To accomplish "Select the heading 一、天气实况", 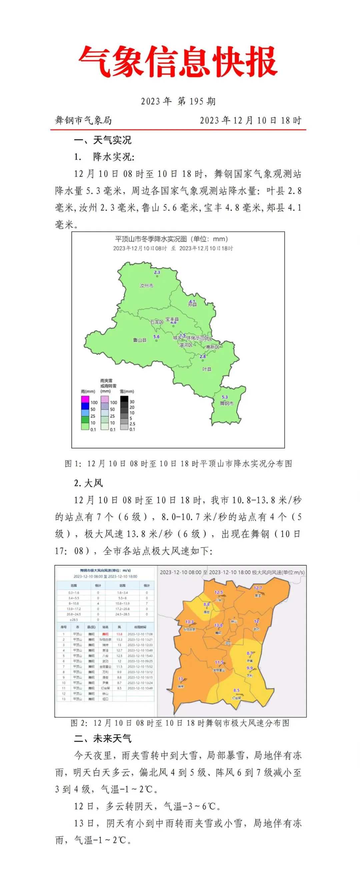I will point(103,140).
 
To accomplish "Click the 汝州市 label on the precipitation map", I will point(146,286).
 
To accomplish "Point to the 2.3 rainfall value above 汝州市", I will point(157,272).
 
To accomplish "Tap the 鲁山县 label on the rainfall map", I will point(140,340).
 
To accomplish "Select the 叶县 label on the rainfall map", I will point(207,369).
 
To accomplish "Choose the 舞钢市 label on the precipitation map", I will point(226,403).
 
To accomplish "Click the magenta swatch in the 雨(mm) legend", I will point(85,399).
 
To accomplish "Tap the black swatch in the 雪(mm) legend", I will point(124,399).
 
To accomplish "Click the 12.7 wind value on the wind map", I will point(258,588).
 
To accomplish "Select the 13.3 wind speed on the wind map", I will point(189,622).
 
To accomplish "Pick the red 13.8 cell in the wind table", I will point(120,634).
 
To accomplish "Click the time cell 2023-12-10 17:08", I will point(140,634).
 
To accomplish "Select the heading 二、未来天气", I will point(103,739).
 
